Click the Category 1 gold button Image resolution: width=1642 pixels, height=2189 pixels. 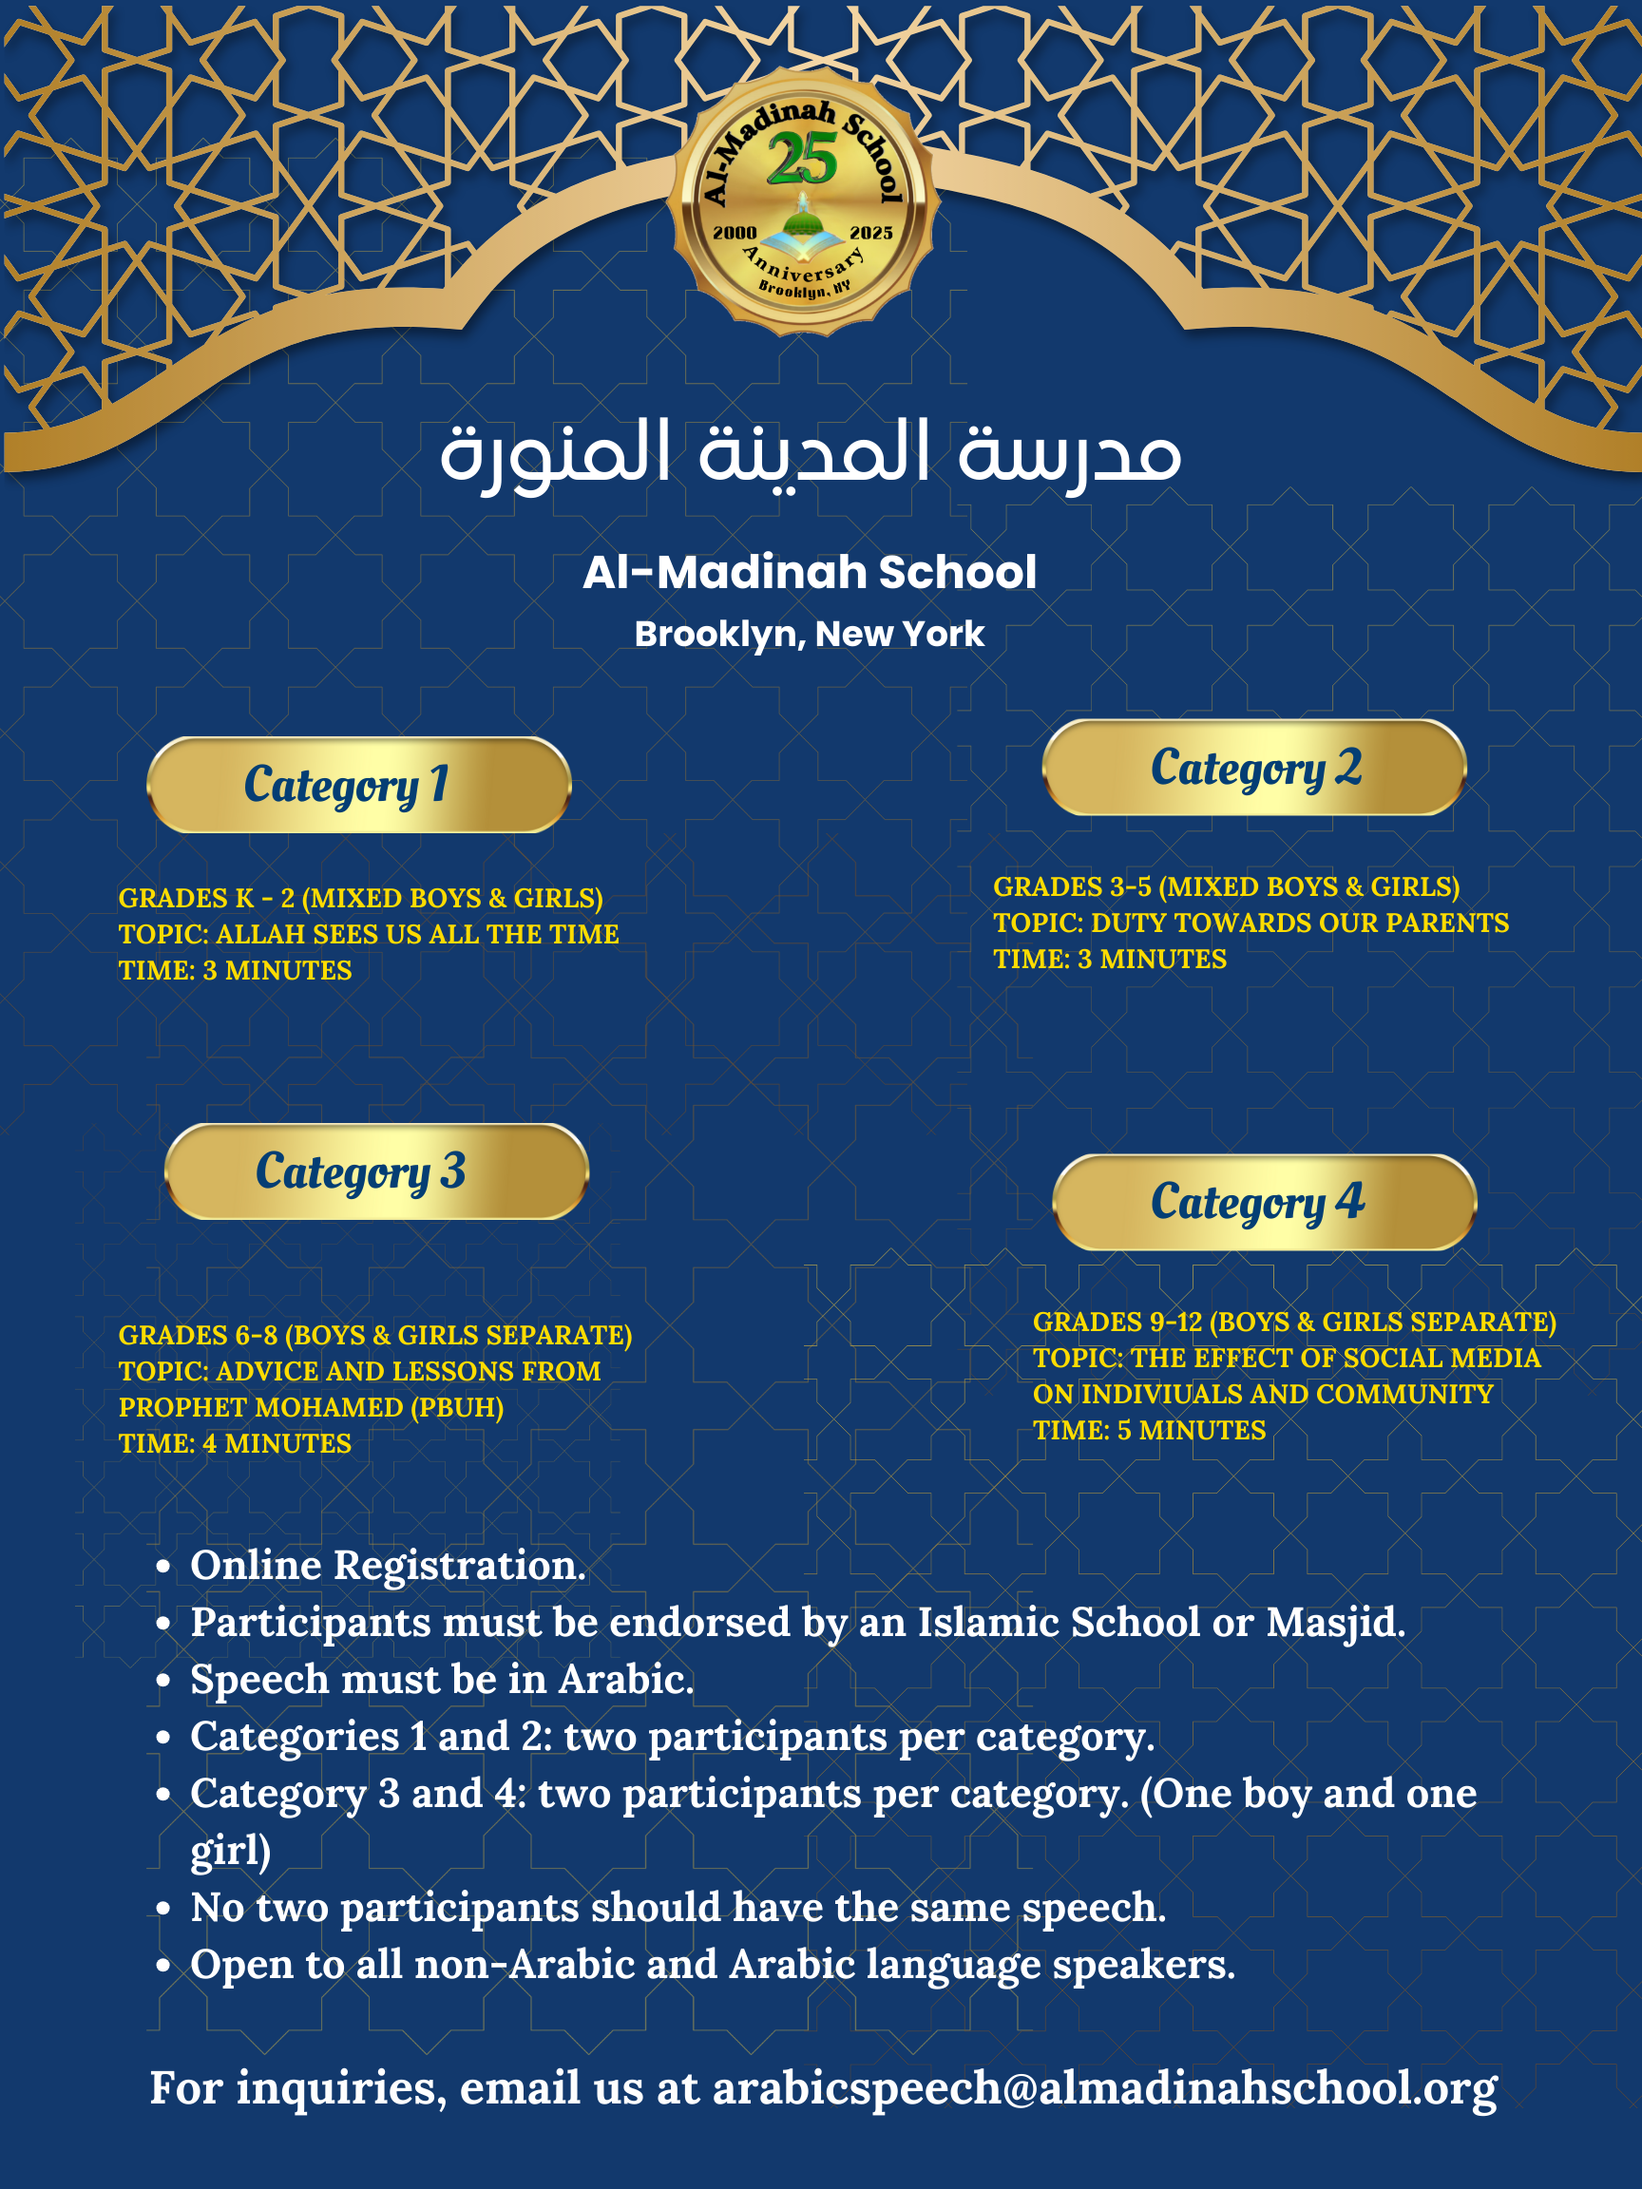tap(358, 785)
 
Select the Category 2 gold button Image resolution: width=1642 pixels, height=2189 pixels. tap(1254, 768)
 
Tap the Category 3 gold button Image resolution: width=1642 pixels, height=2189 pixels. tap(376, 1171)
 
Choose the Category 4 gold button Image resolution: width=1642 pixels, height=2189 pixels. tap(1264, 1203)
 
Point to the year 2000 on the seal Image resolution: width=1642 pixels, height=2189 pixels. tap(735, 233)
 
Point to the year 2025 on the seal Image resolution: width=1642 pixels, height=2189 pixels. tap(871, 233)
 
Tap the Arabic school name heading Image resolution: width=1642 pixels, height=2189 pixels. tap(811, 452)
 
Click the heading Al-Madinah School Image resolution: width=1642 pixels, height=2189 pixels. tap(810, 572)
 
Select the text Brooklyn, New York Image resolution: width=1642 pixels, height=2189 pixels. tap(810, 635)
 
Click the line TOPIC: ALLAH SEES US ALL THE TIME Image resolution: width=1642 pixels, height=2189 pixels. tap(368, 934)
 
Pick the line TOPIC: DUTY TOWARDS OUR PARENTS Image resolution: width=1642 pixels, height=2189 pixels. tap(1251, 923)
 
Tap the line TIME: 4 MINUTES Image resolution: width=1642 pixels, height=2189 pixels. tap(235, 1444)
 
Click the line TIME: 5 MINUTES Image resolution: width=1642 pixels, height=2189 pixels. tap(1149, 1430)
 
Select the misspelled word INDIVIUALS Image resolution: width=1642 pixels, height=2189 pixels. tap(1158, 1395)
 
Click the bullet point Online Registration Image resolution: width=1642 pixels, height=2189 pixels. tap(388, 1566)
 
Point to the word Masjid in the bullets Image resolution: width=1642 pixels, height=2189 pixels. tap(1335, 1623)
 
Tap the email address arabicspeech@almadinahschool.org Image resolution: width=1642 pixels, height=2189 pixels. tap(1104, 2088)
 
